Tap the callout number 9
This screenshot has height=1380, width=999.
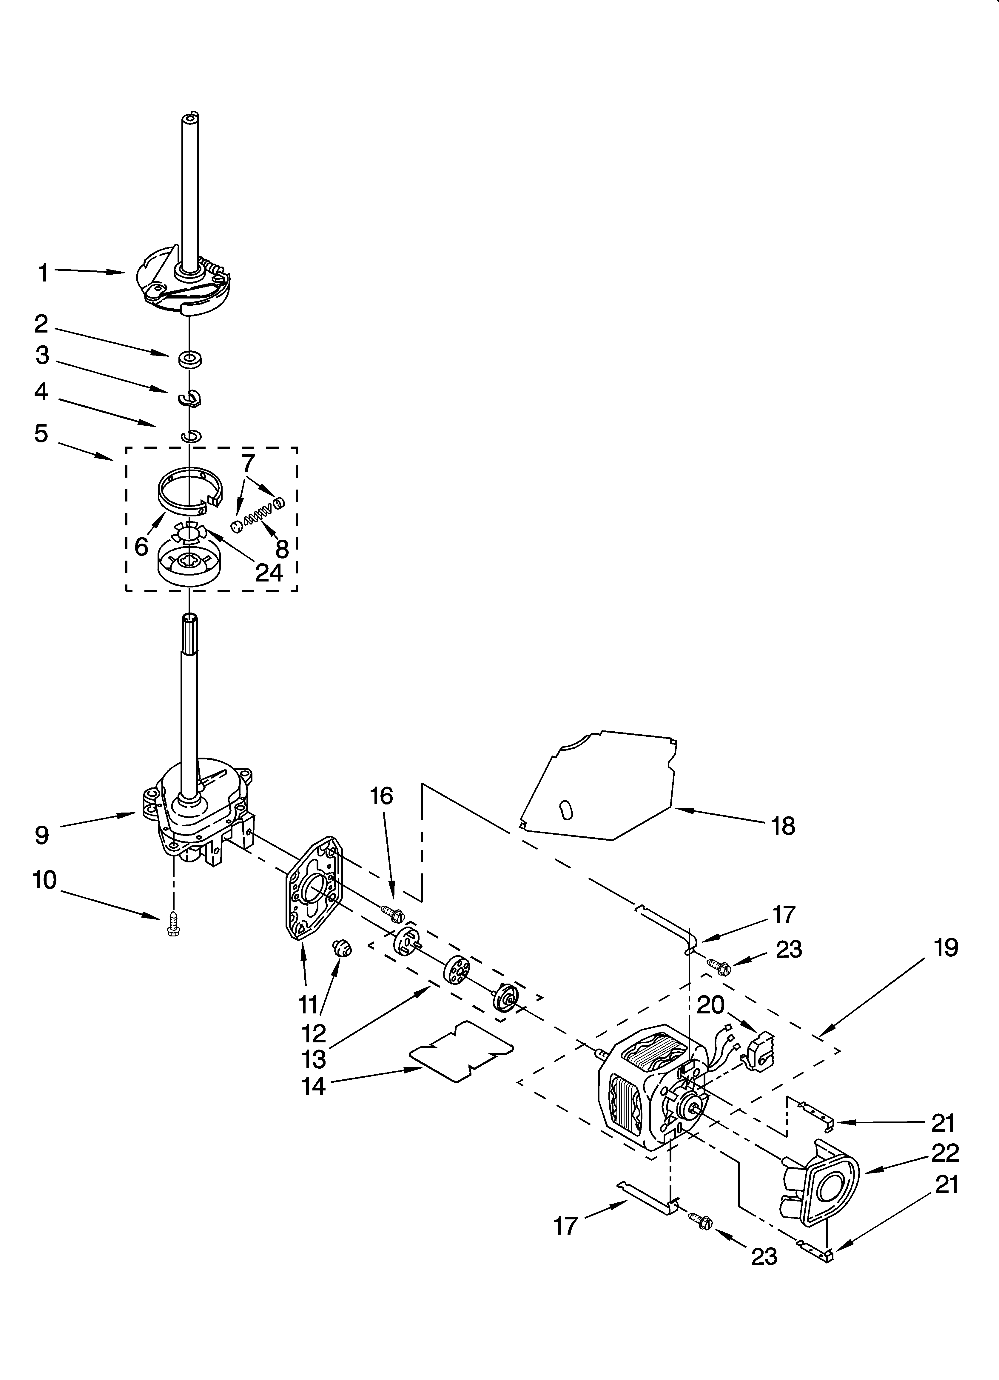41,835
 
